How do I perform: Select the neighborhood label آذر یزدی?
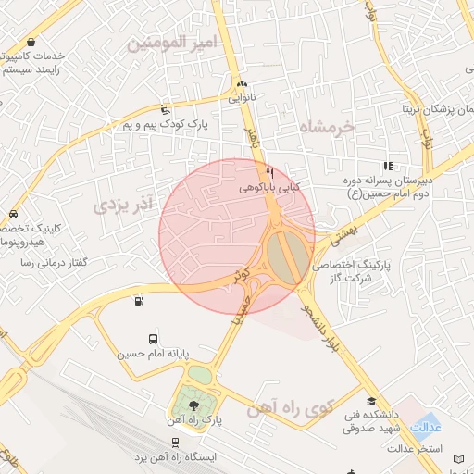tap(120, 206)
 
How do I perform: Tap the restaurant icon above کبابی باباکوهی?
tap(269, 172)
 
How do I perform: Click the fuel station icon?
tap(139, 300)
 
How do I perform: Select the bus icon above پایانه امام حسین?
tap(153, 339)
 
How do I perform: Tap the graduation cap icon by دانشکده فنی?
tap(372, 402)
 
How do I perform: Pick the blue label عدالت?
tap(425, 428)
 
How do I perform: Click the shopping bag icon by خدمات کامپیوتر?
tap(33, 42)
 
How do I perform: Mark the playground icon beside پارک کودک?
tap(166, 108)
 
